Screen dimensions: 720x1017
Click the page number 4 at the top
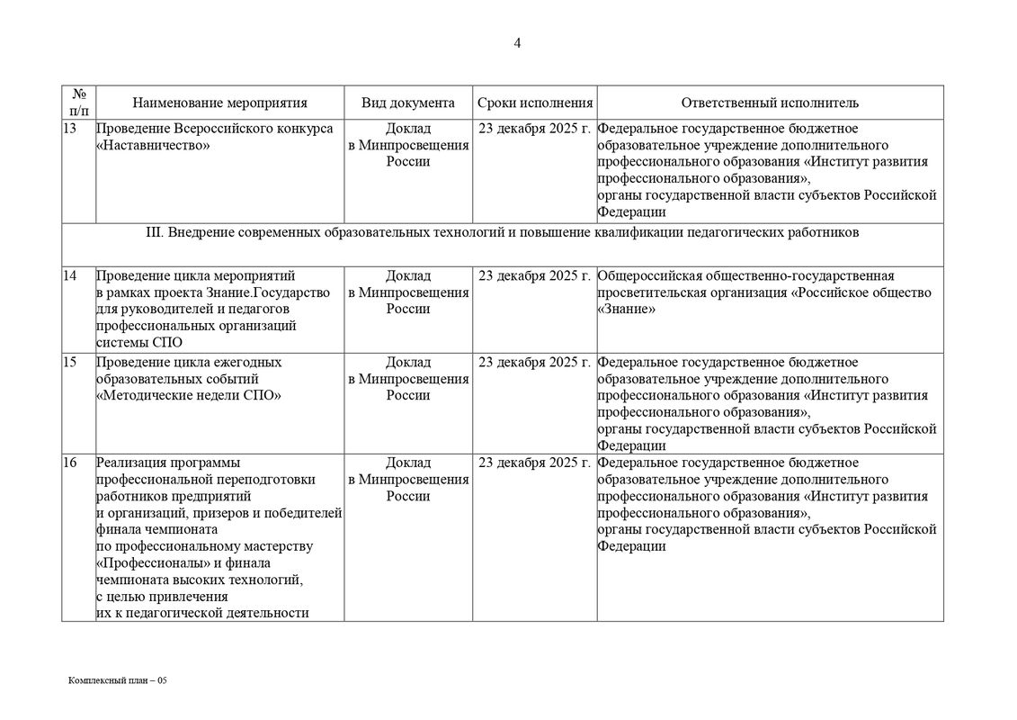[517, 43]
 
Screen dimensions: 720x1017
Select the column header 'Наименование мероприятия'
[219, 103]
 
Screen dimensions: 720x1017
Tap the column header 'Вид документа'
[408, 103]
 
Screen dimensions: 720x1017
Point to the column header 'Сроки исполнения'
[535, 103]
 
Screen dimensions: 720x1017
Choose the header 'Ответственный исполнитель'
[770, 103]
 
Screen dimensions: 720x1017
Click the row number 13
[70, 129]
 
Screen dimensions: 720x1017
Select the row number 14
[70, 276]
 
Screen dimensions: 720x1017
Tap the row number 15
[70, 363]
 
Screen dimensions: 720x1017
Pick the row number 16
[70, 463]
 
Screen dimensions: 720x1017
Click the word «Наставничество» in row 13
[152, 146]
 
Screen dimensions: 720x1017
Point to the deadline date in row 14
[535, 276]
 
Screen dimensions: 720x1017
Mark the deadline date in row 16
[535, 463]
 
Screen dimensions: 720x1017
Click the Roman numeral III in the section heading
[152, 232]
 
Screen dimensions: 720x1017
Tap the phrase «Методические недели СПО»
[189, 396]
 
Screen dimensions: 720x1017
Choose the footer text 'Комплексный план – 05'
[118, 681]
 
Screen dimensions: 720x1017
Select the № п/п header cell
[79, 103]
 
